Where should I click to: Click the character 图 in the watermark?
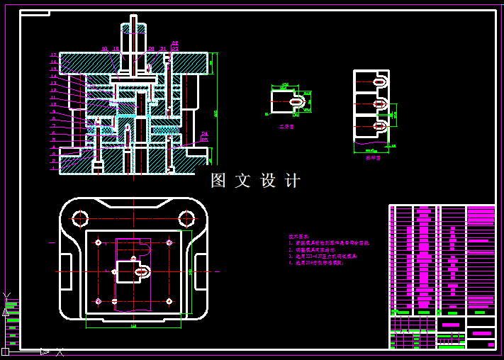pos(218,181)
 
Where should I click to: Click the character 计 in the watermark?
pos(292,181)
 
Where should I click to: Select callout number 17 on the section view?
pos(53,55)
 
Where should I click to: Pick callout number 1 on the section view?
pos(53,169)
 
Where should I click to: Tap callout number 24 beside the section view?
pos(204,133)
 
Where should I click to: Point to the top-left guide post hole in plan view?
pos(79,218)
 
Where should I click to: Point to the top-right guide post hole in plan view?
pos(186,218)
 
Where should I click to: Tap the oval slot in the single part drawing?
pos(298,101)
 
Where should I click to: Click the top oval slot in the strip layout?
pos(381,82)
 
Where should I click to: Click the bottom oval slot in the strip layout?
pos(381,125)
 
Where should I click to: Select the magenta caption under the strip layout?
pos(373,159)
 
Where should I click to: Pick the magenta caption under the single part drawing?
pos(286,127)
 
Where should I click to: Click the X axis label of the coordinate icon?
pos(60,351)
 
